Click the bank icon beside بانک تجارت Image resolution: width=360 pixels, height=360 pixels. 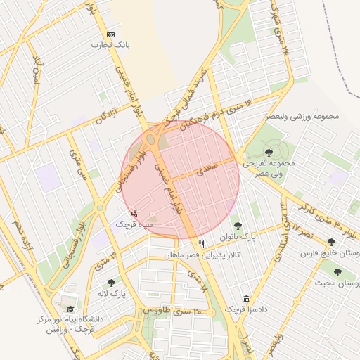pyautogui.click(x=110, y=34)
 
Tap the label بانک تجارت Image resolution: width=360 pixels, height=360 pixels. pyautogui.click(x=110, y=45)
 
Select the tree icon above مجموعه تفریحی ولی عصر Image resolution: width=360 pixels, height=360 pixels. pyautogui.click(x=271, y=151)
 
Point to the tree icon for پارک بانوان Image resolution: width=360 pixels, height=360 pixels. pyautogui.click(x=238, y=226)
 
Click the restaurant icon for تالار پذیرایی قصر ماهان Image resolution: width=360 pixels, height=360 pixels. pyautogui.click(x=202, y=244)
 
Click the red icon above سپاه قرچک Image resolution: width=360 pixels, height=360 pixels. pyautogui.click(x=134, y=213)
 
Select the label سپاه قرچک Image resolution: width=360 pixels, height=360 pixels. pyautogui.click(x=134, y=224)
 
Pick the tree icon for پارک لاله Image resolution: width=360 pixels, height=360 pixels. pyautogui.click(x=111, y=283)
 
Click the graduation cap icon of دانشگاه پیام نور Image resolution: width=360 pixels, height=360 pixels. pyautogui.click(x=70, y=309)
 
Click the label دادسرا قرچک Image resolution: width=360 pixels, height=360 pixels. pyautogui.click(x=245, y=309)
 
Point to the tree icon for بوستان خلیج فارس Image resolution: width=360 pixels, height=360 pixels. pyautogui.click(x=331, y=243)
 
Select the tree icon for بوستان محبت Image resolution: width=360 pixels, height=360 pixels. pyautogui.click(x=338, y=272)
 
